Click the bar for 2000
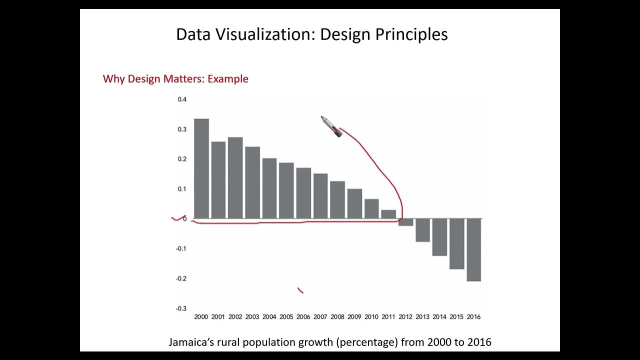click(201, 168)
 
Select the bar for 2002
click(235, 178)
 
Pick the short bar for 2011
click(388, 214)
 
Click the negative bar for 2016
click(473, 250)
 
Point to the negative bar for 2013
click(422, 230)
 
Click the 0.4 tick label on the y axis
click(182, 99)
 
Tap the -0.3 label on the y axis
click(181, 308)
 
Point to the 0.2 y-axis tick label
click(182, 159)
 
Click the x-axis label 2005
click(286, 317)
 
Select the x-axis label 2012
click(405, 317)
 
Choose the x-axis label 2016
click(473, 317)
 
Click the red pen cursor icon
click(331, 126)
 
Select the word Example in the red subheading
click(227, 79)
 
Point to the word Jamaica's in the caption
click(190, 342)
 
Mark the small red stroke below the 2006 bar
click(300, 290)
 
